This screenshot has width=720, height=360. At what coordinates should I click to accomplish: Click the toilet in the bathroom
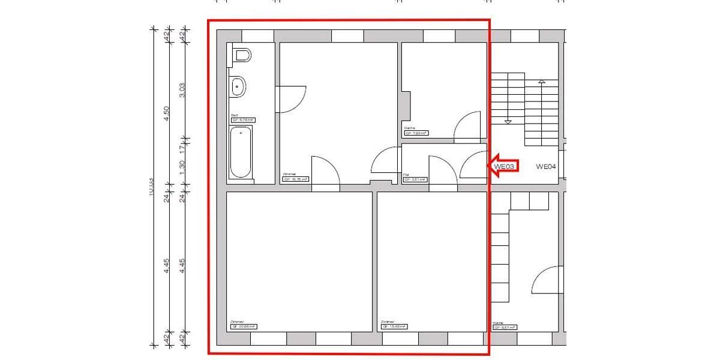[x=241, y=56]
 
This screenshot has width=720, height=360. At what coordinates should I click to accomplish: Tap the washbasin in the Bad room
[x=238, y=88]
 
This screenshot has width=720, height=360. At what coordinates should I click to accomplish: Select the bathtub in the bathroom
[x=241, y=152]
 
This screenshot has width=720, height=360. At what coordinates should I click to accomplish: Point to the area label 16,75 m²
[x=295, y=179]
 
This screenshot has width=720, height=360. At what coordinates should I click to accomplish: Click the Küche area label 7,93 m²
[x=416, y=133]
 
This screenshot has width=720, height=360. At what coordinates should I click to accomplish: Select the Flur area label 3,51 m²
[x=415, y=179]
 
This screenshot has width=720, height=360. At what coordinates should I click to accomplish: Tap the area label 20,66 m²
[x=243, y=327]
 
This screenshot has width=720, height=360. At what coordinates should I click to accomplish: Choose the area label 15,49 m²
[x=394, y=327]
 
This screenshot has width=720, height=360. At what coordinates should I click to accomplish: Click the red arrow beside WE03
[x=503, y=166]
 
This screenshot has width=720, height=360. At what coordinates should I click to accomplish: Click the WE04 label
[x=546, y=166]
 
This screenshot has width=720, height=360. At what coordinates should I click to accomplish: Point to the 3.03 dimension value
[x=182, y=89]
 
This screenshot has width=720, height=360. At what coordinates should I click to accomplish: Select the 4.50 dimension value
[x=167, y=113]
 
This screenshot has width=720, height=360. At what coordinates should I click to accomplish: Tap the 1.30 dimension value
[x=182, y=166]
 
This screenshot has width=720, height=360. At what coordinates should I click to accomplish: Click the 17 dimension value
[x=182, y=145]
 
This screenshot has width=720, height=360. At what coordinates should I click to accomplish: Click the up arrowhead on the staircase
[x=542, y=81]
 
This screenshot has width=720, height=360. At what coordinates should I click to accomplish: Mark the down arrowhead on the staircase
[x=508, y=122]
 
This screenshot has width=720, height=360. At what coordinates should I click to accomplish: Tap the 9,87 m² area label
[x=505, y=328]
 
